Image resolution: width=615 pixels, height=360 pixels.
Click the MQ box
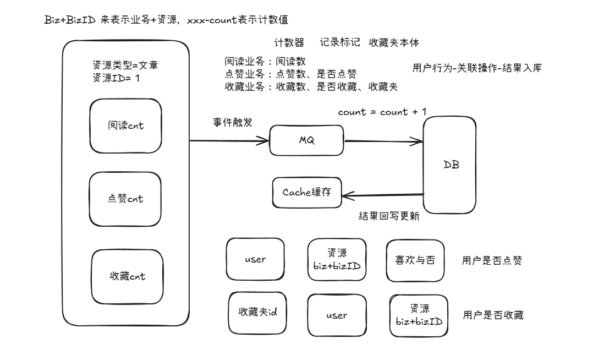pos(306,140)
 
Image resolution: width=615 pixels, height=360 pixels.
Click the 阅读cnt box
pos(126,126)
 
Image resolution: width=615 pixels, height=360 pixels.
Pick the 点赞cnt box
pos(126,199)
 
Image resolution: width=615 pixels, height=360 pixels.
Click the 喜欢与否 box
pos(415,260)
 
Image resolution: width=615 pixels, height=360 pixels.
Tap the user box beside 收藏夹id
pos(336,315)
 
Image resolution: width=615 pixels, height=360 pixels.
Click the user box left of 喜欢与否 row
pos(255,260)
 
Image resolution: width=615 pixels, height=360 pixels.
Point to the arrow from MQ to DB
pos(383,142)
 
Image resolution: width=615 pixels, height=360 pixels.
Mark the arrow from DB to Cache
pos(382,193)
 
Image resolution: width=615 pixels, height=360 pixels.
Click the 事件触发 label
pos(233,122)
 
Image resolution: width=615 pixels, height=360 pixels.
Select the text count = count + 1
pos(382,112)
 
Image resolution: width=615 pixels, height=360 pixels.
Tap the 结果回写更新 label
pos(388,216)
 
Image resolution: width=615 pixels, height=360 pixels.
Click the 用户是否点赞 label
pos(492,261)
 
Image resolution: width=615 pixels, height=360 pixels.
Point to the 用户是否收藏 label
pos(493,315)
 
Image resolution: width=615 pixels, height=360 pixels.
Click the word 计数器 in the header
pos(289,42)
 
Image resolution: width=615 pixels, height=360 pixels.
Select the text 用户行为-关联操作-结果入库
pos(476,68)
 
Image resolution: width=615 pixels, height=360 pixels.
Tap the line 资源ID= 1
pos(117,78)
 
